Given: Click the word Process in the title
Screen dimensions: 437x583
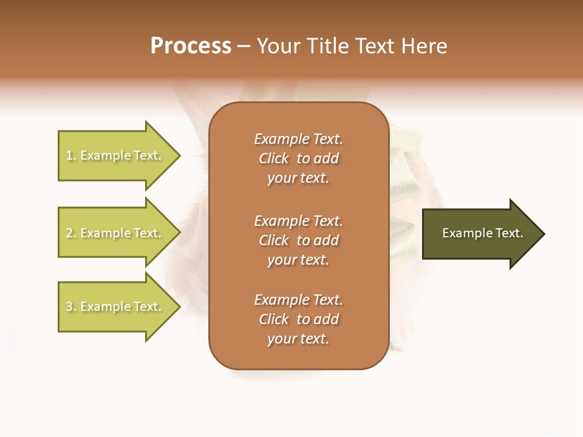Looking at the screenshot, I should coord(191,46).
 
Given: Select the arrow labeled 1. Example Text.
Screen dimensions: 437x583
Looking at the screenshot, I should coord(115,156).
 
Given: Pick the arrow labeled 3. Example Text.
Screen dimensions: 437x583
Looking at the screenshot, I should coord(115,307).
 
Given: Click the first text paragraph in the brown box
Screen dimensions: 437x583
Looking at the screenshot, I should coord(298,158).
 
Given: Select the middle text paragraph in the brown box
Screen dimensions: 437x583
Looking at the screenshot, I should coord(298,240).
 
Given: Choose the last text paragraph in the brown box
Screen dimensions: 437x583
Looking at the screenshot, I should coord(298,319).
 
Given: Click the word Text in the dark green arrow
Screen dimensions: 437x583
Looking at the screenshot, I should coord(509,233).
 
